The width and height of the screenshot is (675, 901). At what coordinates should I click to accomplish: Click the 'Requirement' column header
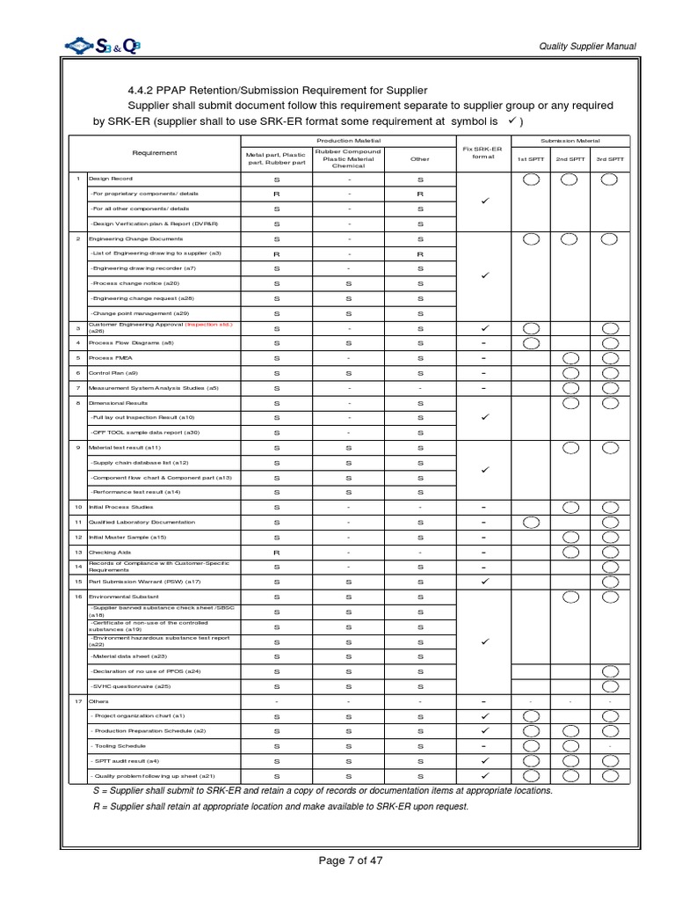[x=155, y=153]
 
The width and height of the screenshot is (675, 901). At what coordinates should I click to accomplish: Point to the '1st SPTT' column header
[x=530, y=159]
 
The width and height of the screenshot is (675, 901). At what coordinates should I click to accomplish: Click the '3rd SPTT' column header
[x=609, y=159]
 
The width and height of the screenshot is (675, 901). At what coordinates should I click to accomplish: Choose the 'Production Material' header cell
[x=348, y=141]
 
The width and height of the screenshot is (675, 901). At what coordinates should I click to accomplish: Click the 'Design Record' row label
[x=110, y=178]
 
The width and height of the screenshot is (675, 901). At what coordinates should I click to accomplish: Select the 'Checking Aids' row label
[x=110, y=552]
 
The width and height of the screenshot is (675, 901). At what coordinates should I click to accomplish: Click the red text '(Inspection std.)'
[x=208, y=325]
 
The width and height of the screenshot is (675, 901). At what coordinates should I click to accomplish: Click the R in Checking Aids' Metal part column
[x=276, y=552]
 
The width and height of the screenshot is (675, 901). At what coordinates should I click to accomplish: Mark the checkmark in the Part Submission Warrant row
[x=483, y=582]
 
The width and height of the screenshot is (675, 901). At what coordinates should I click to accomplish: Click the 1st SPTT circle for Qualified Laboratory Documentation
[x=530, y=522]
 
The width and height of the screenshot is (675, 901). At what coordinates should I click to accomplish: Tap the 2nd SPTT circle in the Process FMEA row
[x=570, y=358]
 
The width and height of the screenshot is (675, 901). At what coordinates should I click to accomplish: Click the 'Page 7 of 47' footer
[x=350, y=861]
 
